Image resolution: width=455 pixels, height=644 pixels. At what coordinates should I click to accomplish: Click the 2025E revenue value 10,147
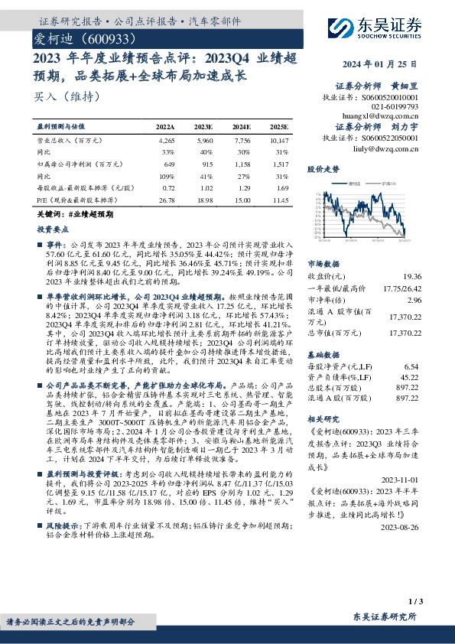[279, 141]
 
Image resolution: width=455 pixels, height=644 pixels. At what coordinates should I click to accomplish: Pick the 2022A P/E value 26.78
[166, 200]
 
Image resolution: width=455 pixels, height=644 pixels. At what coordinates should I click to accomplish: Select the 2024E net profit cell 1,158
[242, 164]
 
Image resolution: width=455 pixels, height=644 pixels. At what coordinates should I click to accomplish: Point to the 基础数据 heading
[323, 355]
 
